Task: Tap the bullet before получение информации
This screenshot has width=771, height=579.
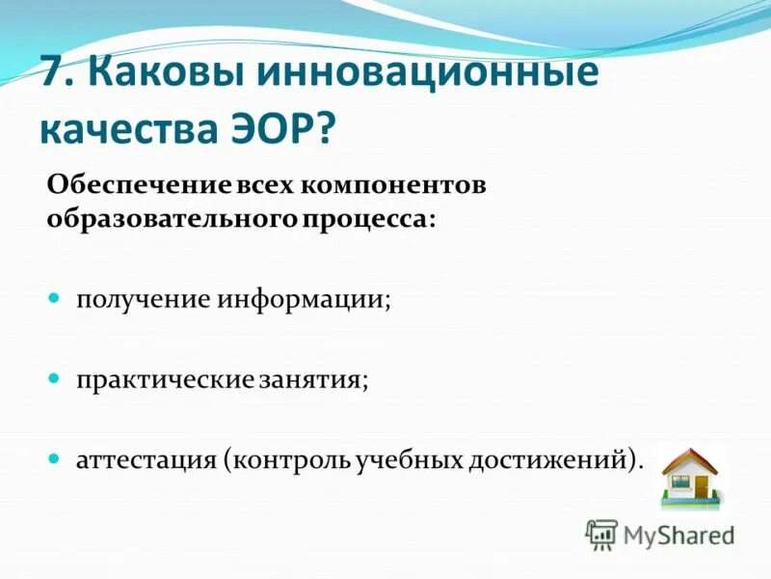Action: click(x=55, y=299)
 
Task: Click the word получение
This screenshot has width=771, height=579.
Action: click(x=144, y=300)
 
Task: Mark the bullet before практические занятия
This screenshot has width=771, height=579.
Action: click(x=55, y=378)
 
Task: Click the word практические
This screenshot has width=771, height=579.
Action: click(x=165, y=379)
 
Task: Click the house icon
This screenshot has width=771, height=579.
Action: click(x=691, y=476)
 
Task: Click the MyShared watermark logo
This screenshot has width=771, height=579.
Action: click(x=661, y=534)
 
